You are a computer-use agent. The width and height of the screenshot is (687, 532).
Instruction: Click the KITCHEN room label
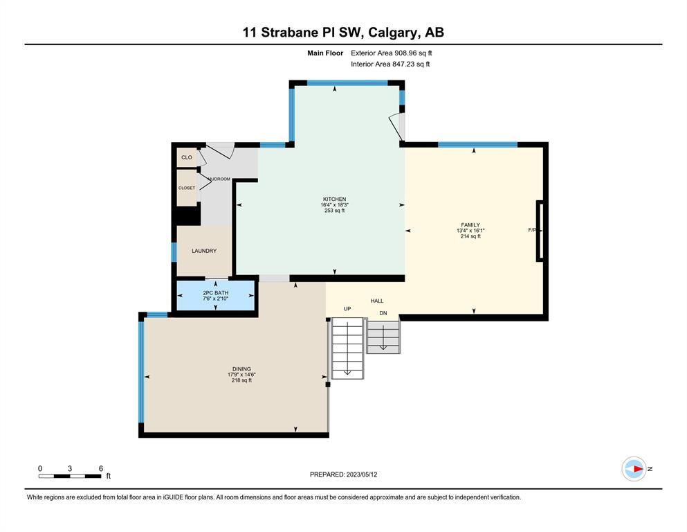(334, 199)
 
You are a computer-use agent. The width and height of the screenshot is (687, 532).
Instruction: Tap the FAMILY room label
(470, 225)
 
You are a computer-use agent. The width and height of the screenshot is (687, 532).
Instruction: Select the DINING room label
(241, 369)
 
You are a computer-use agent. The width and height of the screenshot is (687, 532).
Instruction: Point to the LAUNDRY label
(204, 251)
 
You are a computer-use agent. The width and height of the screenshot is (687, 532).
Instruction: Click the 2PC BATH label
(216, 293)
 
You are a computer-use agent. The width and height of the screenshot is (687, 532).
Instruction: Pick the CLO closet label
(187, 157)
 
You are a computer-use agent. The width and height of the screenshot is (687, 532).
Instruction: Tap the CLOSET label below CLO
(187, 188)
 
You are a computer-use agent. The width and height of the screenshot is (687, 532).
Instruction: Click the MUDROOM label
(219, 179)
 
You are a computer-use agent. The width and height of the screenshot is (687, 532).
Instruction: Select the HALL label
(377, 301)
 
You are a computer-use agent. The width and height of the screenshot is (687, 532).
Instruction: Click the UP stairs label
(347, 309)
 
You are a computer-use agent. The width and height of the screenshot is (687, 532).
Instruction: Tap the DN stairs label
(383, 313)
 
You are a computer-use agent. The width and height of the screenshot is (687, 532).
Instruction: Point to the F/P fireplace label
(532, 230)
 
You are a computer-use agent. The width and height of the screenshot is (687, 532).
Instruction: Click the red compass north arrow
(639, 469)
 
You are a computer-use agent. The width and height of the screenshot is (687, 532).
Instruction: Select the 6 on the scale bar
(101, 468)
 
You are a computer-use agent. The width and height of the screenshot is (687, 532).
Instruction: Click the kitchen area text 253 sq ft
(334, 211)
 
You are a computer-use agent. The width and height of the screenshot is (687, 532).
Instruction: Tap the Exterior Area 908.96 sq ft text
(392, 53)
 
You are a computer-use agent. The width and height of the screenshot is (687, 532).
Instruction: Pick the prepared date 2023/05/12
(361, 475)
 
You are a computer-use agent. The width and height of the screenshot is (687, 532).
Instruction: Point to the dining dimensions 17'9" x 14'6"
(241, 375)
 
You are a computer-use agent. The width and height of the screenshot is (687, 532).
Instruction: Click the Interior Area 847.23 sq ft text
(390, 64)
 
